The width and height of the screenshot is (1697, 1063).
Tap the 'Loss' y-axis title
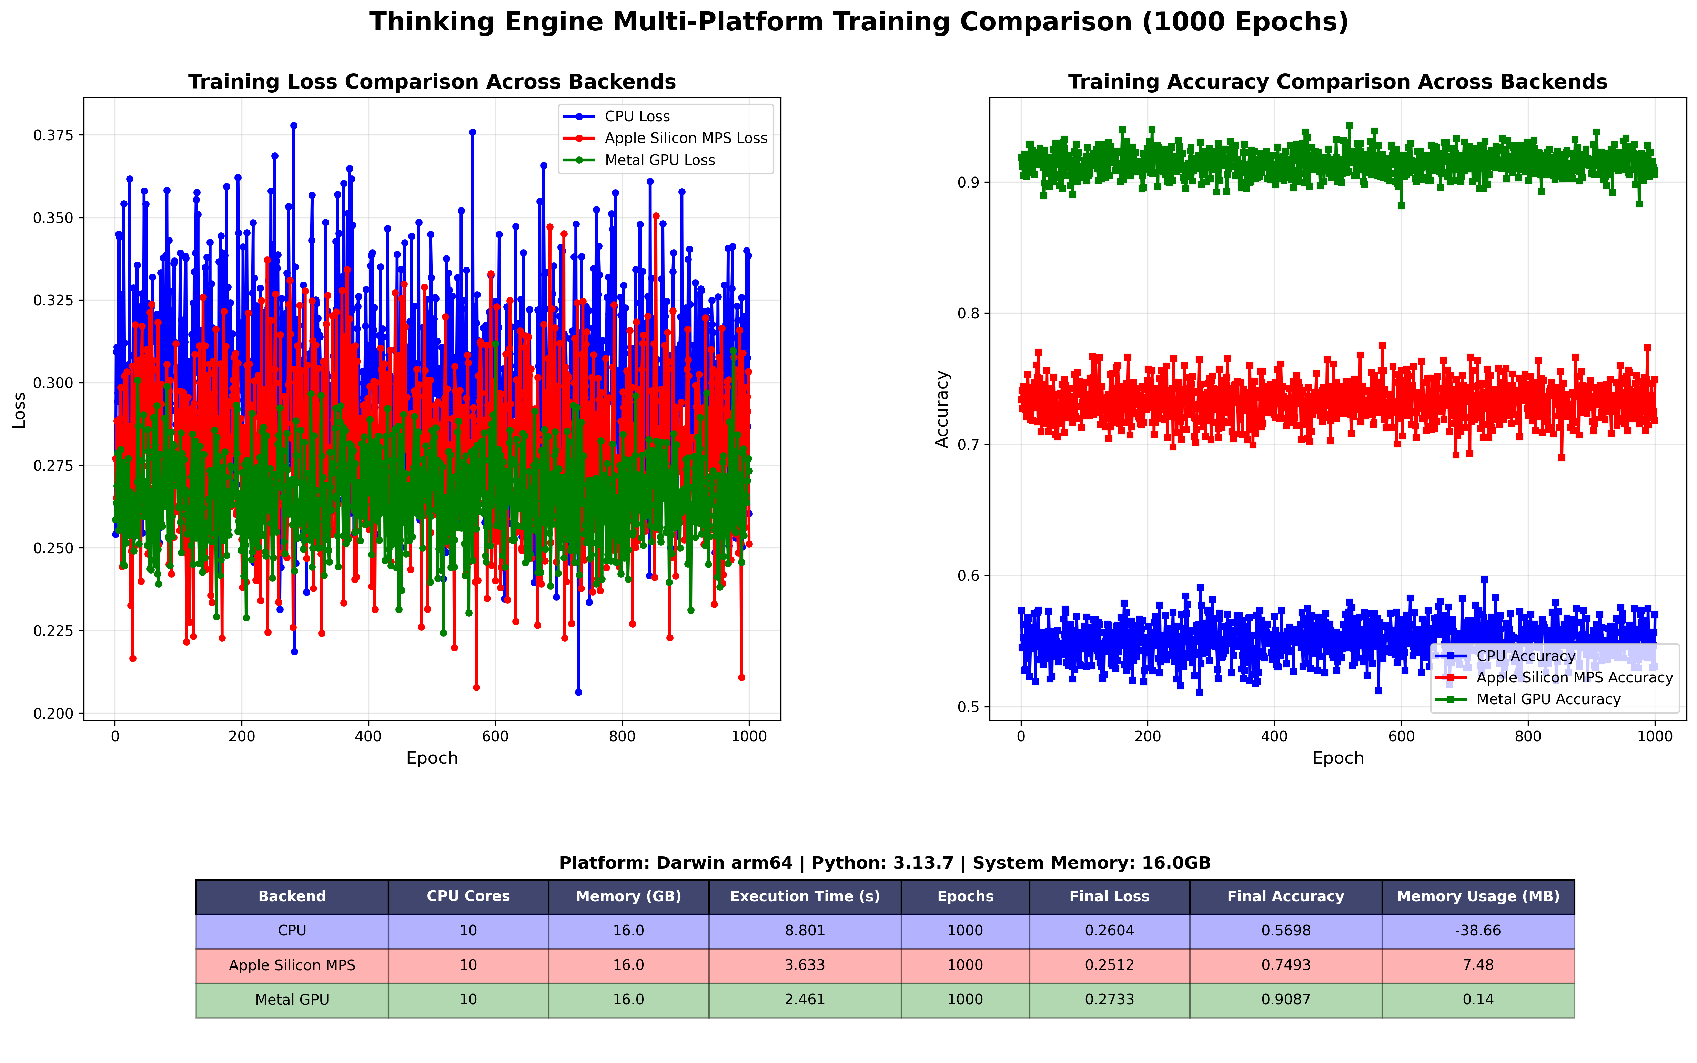[20, 410]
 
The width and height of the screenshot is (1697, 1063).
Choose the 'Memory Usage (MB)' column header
[1478, 897]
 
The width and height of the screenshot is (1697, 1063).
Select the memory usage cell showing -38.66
[1478, 931]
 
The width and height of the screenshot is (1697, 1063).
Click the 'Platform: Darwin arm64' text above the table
[675, 863]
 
